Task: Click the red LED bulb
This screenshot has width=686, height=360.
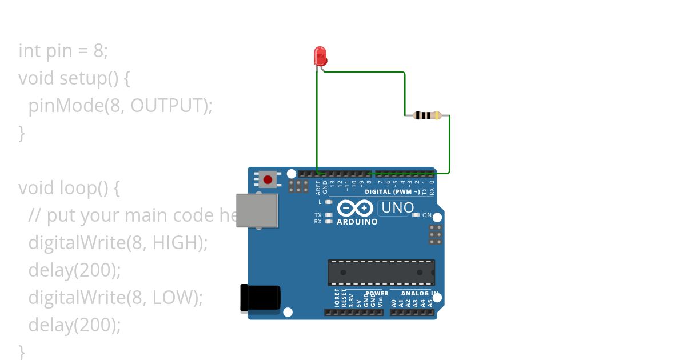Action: [320, 56]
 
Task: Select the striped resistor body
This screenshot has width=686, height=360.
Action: [427, 115]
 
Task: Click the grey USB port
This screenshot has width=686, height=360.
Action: [257, 210]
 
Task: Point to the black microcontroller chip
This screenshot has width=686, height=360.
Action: [381, 273]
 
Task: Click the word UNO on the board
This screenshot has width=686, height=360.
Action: [397, 208]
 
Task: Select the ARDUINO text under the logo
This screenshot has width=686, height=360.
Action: [357, 222]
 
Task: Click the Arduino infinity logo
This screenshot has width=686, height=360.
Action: [356, 208]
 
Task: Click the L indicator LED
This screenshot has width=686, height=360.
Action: [328, 202]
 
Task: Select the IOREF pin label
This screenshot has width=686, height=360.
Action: [337, 298]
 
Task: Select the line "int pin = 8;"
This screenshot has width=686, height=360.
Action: [63, 51]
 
